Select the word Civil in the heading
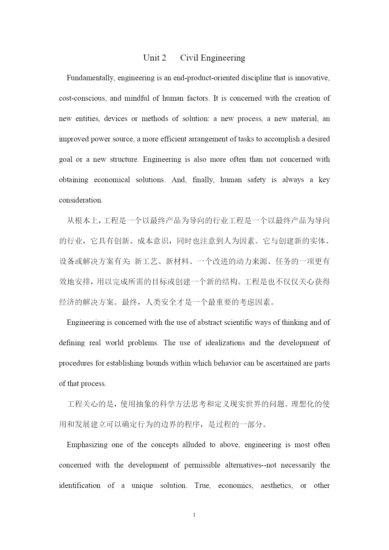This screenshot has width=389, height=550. (189, 58)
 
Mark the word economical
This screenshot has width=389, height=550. (112, 180)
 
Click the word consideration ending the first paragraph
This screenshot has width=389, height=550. (80, 200)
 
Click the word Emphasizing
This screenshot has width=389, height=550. (87, 445)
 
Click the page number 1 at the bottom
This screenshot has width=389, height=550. (194, 515)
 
